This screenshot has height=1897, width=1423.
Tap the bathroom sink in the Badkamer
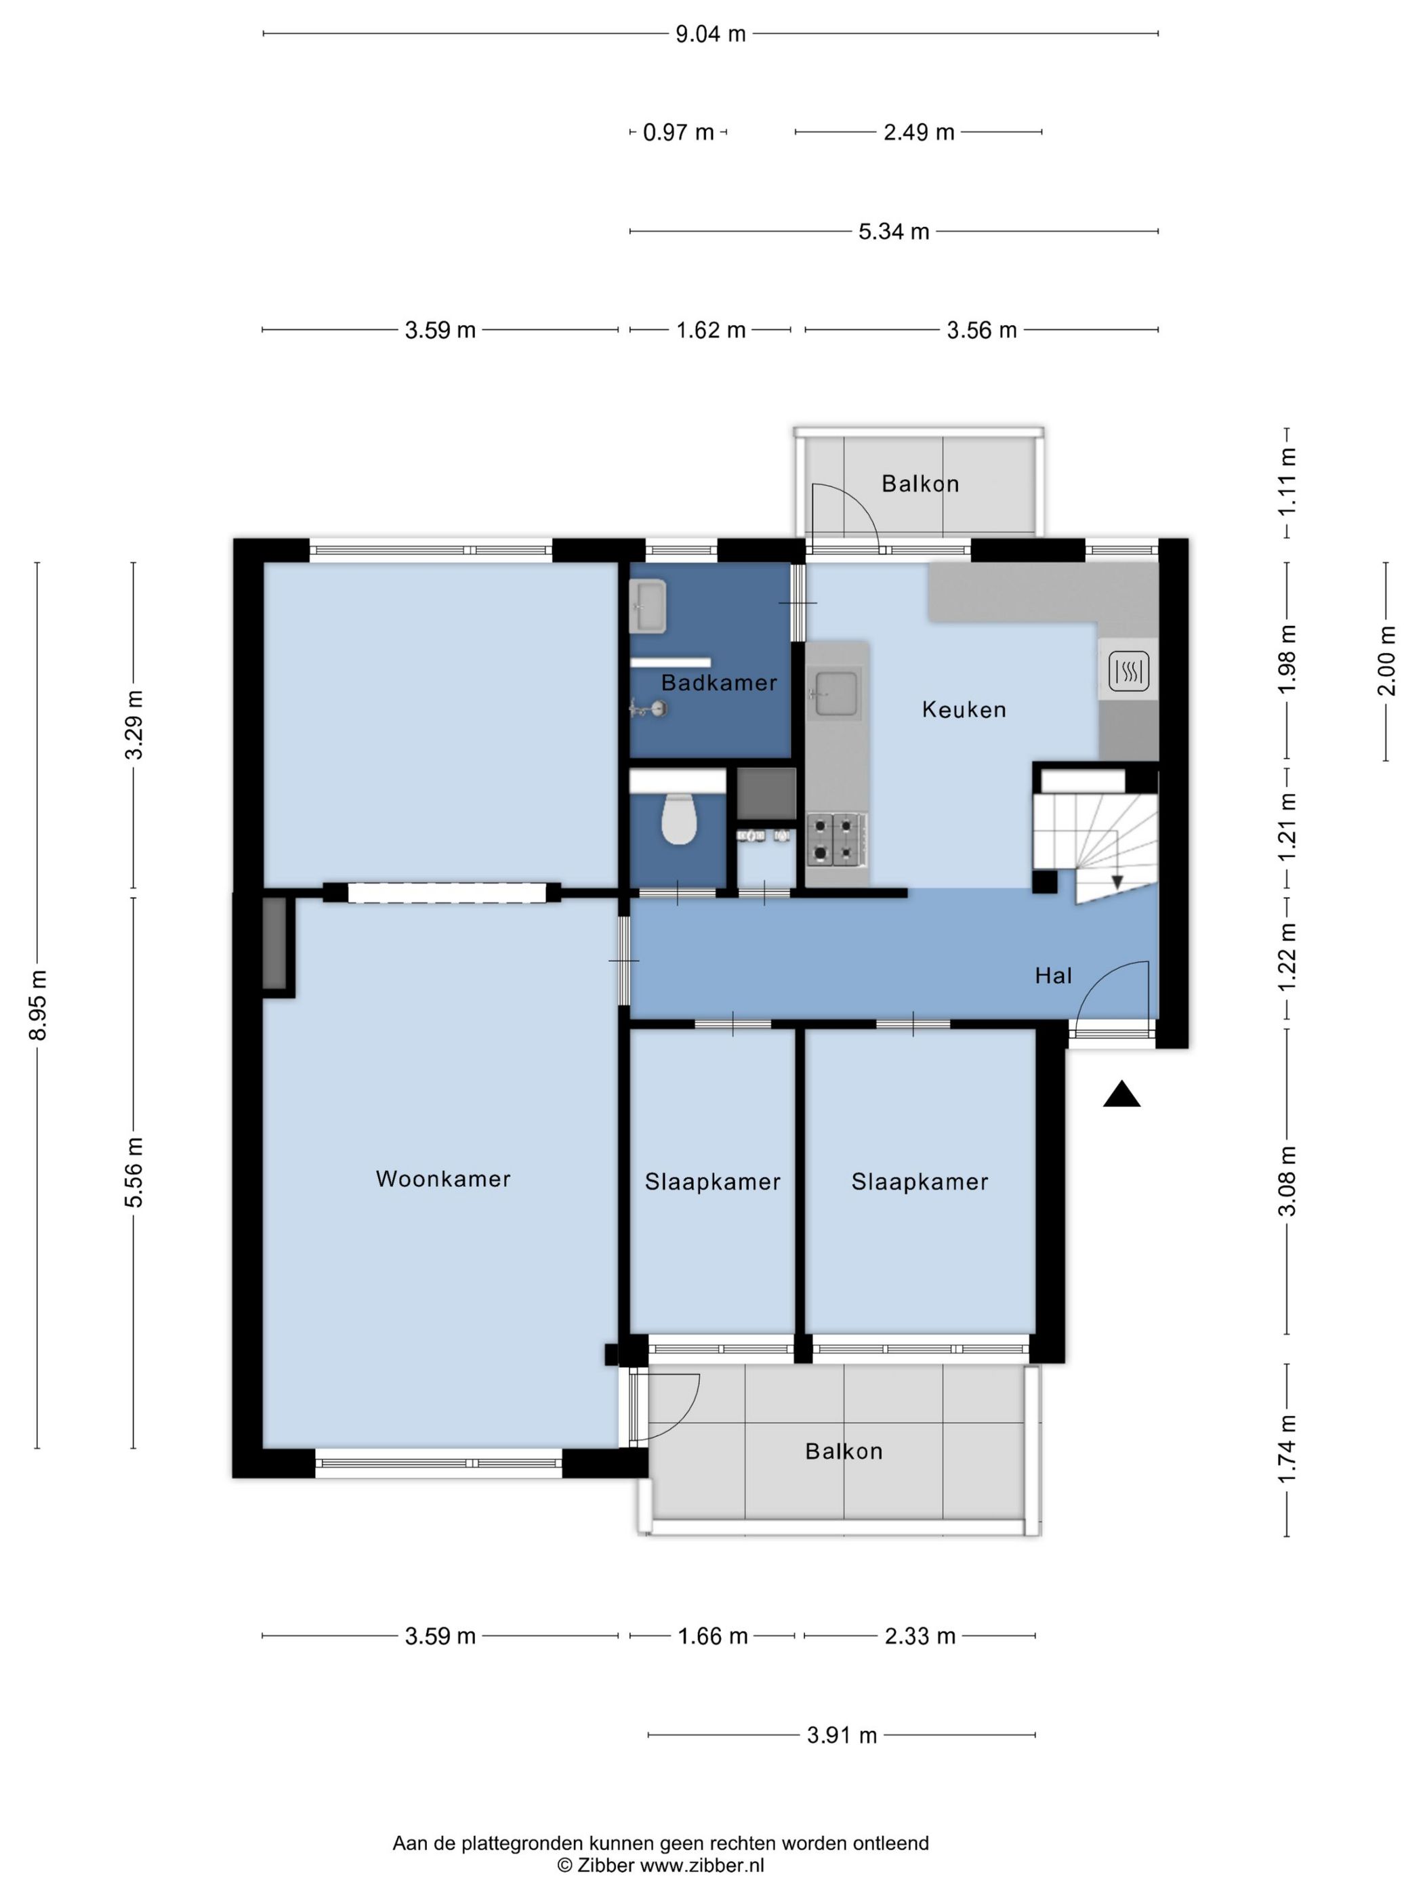coord(648,606)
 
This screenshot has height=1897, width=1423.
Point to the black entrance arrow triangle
coord(1121,1094)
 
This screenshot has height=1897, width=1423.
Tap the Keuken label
coord(964,709)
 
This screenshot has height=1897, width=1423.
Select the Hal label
coord(1053,975)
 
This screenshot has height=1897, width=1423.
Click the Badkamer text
coord(719,683)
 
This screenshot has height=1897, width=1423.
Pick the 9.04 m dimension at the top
coord(710,35)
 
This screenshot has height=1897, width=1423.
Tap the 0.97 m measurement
coord(678,132)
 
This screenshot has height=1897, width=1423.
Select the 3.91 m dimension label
coord(842,1735)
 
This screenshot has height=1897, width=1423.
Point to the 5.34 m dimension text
coord(894,232)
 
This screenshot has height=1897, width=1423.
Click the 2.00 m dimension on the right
coord(1387,661)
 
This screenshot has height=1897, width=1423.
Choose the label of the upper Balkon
coord(920,484)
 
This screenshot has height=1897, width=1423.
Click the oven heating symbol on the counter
coord(1129,671)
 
